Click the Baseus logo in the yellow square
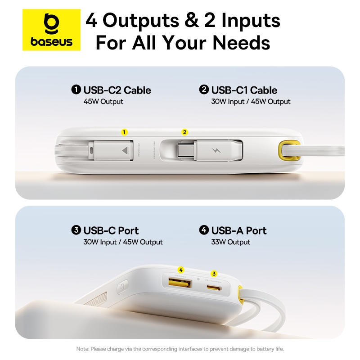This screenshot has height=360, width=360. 52,30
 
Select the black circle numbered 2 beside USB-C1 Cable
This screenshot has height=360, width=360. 204,90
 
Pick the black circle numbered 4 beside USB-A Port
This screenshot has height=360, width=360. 204,230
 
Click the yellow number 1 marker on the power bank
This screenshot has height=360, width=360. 125,132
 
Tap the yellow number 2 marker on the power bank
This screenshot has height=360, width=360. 184,132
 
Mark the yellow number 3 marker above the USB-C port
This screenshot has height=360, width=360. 214,273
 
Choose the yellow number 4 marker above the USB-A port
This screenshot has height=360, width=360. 181,270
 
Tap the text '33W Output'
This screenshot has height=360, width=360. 230,242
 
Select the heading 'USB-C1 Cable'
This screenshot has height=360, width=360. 244,90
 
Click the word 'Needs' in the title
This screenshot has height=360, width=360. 241,43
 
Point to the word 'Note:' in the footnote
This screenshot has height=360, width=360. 83,349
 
